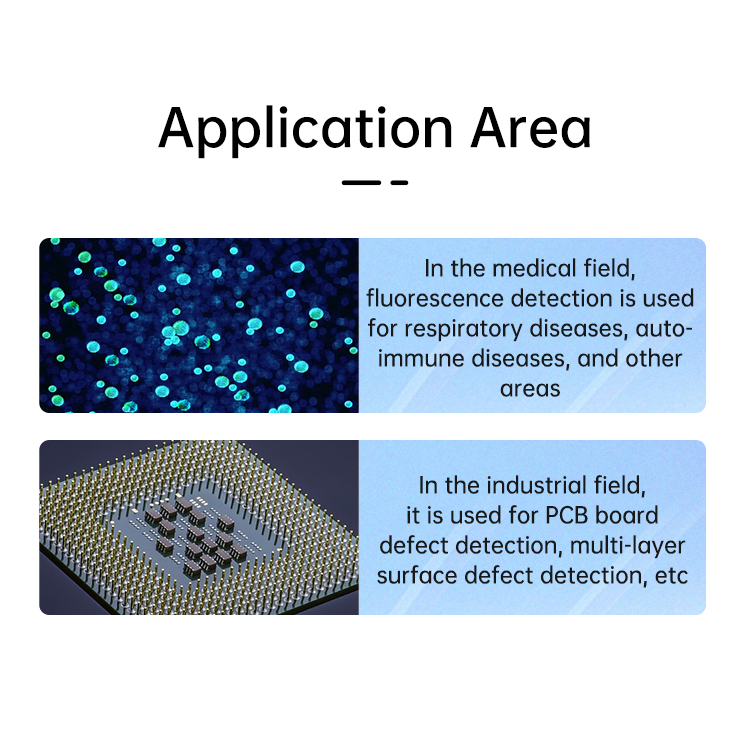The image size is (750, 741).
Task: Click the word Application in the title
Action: (x=306, y=129)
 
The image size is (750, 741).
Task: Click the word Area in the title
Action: (x=531, y=127)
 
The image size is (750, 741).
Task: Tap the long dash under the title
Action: (x=361, y=182)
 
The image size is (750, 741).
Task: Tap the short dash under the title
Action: (x=399, y=182)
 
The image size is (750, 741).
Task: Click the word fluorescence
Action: (x=435, y=299)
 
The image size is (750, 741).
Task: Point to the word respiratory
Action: (x=463, y=330)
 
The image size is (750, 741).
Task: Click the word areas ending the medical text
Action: (x=530, y=389)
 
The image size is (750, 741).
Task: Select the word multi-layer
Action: (x=628, y=546)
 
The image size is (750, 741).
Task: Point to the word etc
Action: (x=671, y=576)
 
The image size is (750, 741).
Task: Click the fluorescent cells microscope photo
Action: (x=199, y=325)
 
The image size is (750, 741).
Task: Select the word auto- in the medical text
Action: (x=664, y=330)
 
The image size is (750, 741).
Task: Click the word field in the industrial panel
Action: (x=619, y=486)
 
